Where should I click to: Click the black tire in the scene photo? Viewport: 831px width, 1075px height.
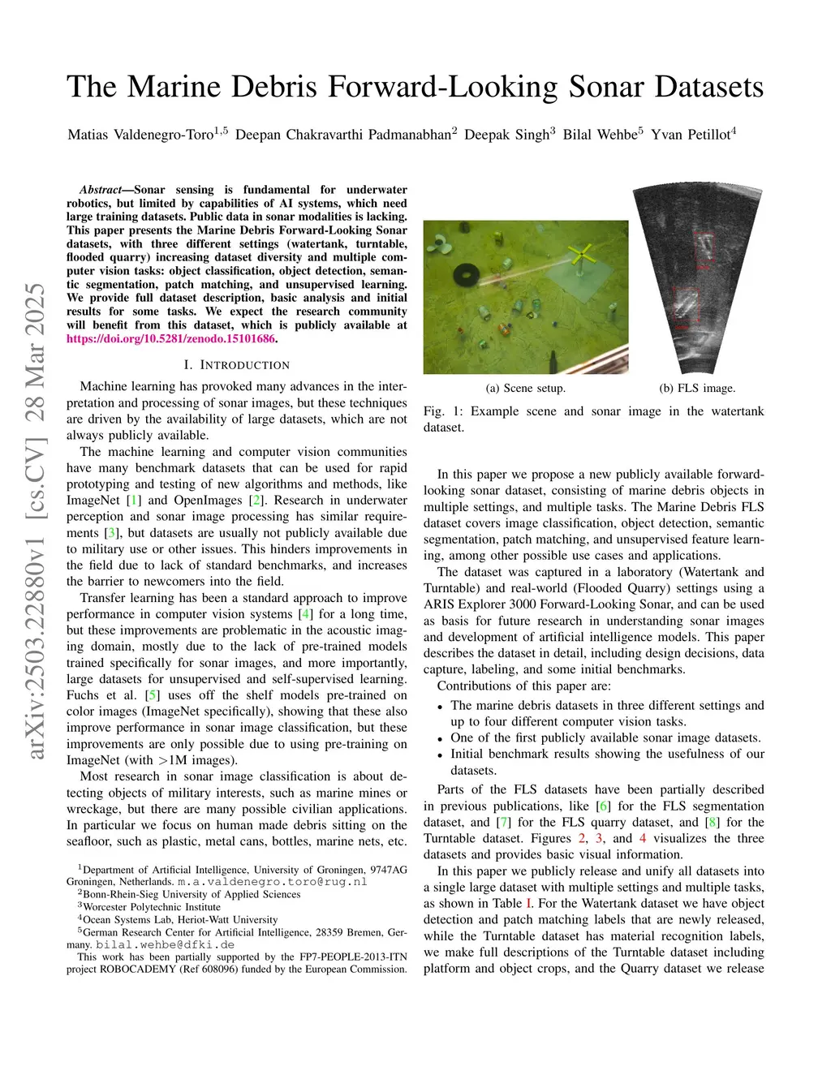[x=465, y=274]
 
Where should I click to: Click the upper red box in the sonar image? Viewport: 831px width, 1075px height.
[x=704, y=251]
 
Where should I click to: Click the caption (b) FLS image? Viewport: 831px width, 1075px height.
[x=697, y=389]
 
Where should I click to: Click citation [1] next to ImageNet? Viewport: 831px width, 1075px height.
[x=135, y=501]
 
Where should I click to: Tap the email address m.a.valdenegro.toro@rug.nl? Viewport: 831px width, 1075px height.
[x=273, y=882]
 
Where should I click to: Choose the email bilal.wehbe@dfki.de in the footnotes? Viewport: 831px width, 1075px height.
[x=165, y=944]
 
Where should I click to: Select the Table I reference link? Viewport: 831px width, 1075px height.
[x=529, y=904]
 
